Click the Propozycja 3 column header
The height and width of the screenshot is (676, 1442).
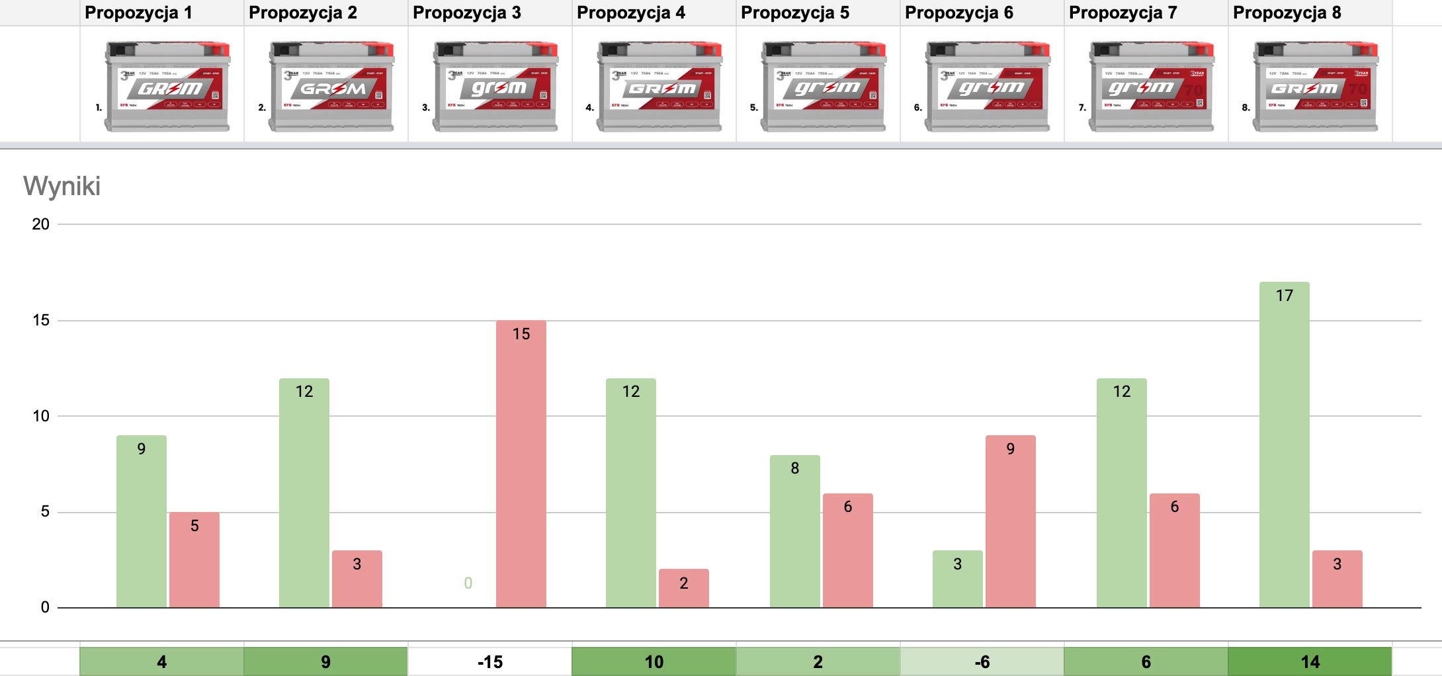pos(467,13)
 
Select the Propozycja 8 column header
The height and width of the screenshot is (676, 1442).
pos(1287,13)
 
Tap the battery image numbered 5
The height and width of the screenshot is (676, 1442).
pos(824,86)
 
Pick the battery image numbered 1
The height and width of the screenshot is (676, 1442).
pos(167,86)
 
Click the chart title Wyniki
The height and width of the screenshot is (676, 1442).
pos(62,186)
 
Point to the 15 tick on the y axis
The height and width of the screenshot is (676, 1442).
pos(41,320)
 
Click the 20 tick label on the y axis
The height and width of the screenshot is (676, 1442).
pos(41,224)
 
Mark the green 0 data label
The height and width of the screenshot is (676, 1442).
pos(468,583)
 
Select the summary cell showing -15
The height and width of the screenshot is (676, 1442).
pos(490,661)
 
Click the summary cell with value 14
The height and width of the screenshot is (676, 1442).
pos(1310,661)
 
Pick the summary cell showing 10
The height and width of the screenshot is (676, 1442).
pos(654,661)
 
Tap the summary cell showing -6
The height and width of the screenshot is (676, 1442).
pos(982,661)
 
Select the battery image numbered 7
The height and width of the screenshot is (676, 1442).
pos(1152,86)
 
